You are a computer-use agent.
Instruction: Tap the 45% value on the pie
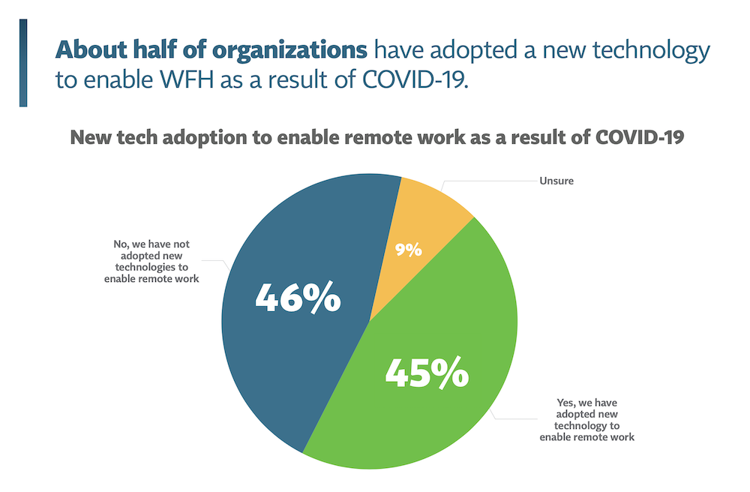(x=427, y=373)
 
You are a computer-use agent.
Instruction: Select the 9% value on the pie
(x=408, y=248)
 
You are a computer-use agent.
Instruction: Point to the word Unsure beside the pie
(x=555, y=181)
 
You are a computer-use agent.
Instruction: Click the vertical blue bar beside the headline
(x=23, y=63)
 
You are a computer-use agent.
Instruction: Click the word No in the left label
(x=109, y=244)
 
